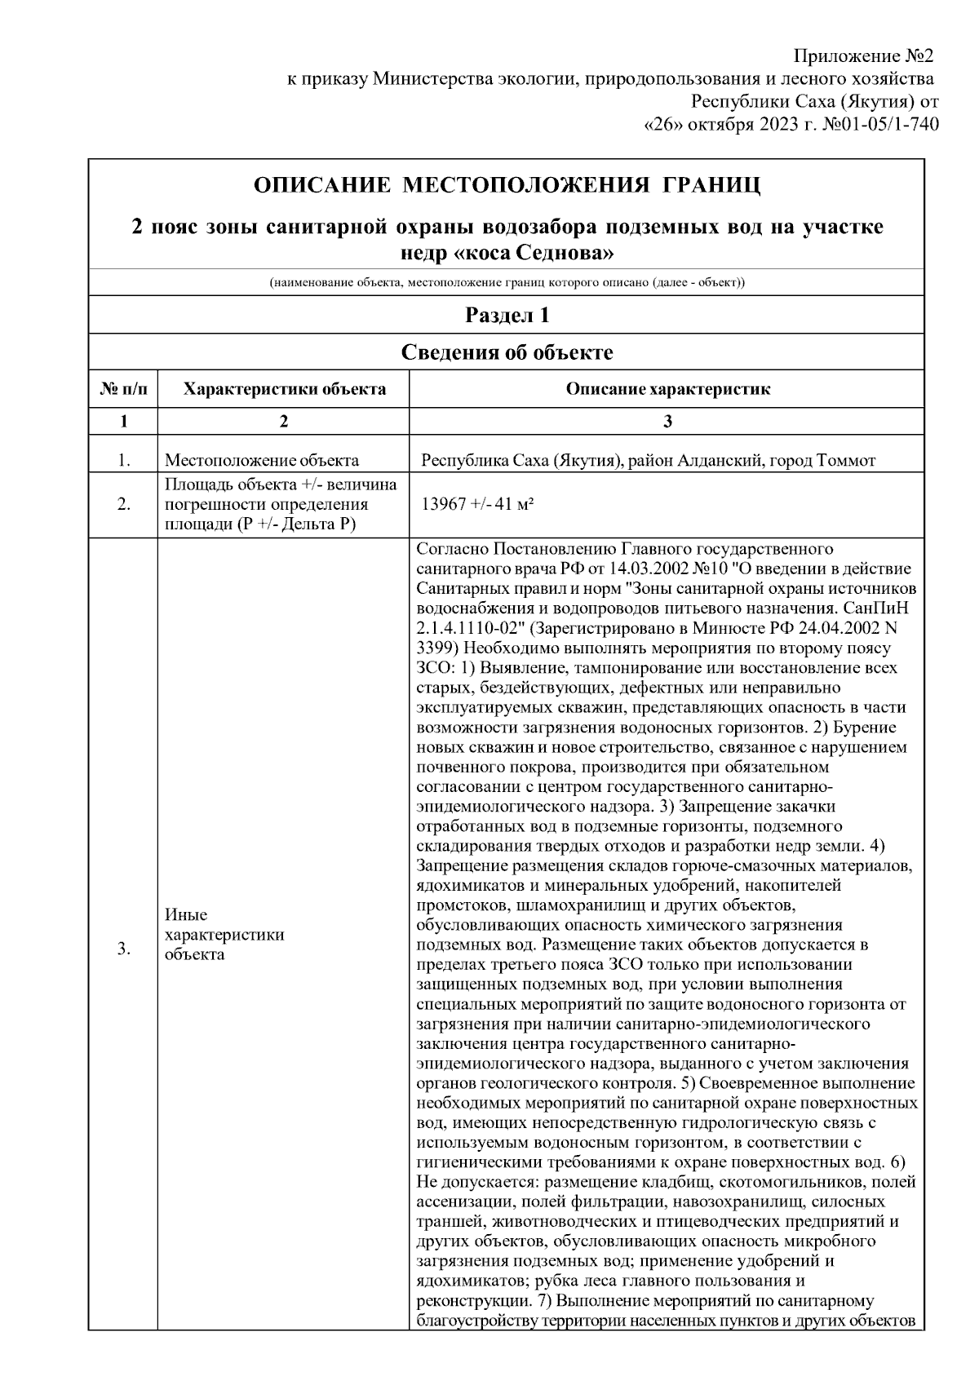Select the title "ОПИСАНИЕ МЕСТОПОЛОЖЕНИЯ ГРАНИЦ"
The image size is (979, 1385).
[507, 185]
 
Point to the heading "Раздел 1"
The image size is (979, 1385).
[507, 316]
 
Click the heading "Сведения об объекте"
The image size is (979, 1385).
[507, 352]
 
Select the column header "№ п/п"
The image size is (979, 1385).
[123, 389]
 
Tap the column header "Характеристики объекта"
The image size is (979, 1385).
[284, 389]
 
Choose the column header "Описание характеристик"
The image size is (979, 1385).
[667, 389]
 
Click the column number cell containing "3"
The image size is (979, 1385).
[667, 421]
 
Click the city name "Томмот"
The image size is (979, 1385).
[848, 461]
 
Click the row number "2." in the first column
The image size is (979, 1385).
[123, 505]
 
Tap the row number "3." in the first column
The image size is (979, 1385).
[123, 948]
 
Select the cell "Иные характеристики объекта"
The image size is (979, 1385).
[224, 935]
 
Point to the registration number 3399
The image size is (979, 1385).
[434, 648]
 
